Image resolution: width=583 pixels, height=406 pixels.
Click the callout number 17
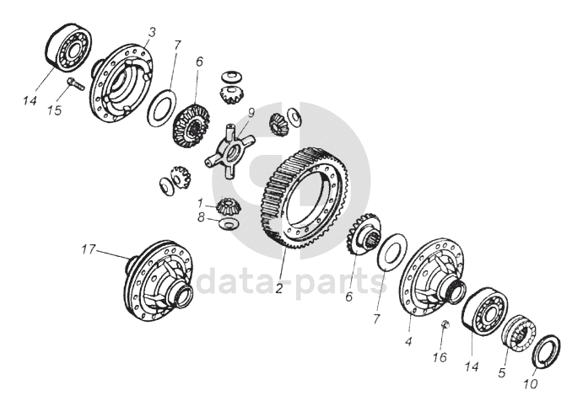(89, 249)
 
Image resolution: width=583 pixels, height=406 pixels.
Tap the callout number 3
(152, 32)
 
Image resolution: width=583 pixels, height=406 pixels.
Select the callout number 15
(55, 110)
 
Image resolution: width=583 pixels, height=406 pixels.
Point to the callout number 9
(251, 112)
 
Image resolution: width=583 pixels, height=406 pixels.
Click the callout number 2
(279, 288)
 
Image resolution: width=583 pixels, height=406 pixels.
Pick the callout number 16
(440, 357)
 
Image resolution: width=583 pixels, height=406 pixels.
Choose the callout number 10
(531, 384)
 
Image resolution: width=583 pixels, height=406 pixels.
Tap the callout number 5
(502, 372)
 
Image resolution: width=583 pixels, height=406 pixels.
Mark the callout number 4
(408, 341)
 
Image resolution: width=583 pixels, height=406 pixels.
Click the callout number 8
(201, 217)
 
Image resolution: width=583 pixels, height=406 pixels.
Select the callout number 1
(200, 203)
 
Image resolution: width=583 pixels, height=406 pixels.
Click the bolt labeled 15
(76, 83)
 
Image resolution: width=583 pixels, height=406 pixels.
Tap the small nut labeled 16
(445, 325)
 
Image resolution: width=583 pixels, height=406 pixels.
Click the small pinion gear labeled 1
(229, 206)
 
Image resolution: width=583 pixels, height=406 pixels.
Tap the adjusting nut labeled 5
(518, 333)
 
